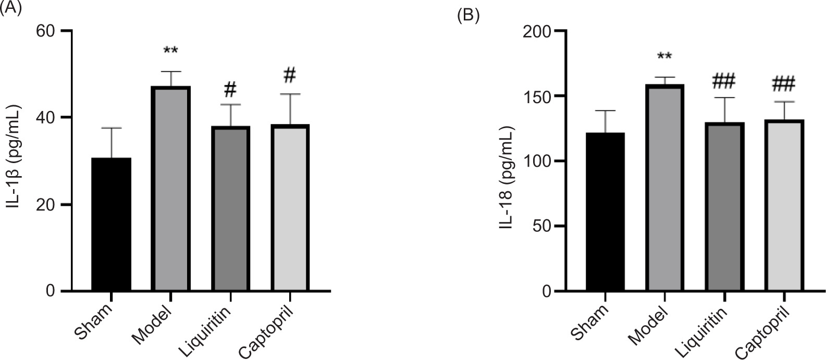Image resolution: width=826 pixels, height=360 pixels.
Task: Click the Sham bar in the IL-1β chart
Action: [x=111, y=224]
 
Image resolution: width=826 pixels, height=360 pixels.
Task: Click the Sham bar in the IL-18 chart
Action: [x=605, y=212]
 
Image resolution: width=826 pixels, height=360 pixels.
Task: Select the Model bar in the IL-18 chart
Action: [x=664, y=188]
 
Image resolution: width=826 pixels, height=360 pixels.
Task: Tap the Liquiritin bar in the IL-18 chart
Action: [x=724, y=206]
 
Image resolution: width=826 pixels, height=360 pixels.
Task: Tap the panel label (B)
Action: [x=467, y=16]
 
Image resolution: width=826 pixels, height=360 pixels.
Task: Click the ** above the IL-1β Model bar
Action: [x=171, y=51]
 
